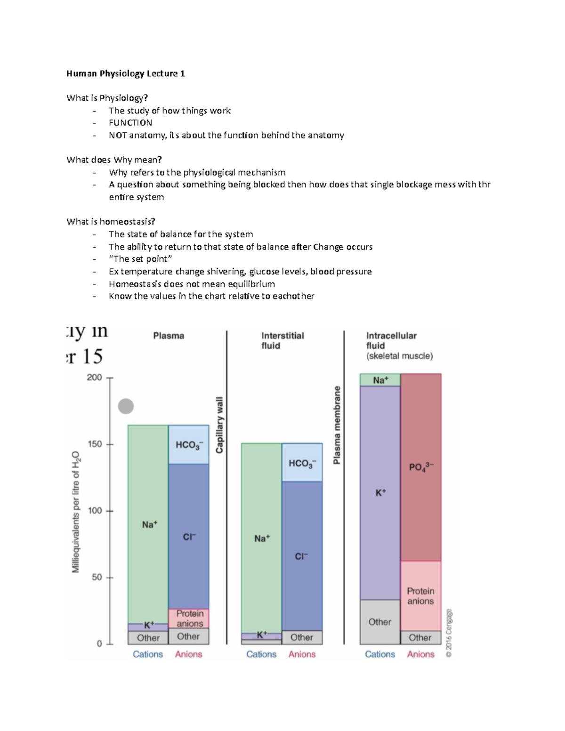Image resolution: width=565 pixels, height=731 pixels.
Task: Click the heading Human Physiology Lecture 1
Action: (x=126, y=73)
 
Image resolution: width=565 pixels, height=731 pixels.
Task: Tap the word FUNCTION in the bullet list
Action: (x=130, y=123)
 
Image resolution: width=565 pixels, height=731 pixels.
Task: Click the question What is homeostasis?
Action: (x=111, y=221)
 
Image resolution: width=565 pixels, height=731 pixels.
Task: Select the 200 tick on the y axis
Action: (x=95, y=378)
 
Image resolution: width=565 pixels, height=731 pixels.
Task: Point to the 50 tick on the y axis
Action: (x=97, y=577)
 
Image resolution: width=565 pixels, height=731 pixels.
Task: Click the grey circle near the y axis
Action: (x=126, y=406)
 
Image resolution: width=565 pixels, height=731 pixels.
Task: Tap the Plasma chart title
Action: (x=169, y=336)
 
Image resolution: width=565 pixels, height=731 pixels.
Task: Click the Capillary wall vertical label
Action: (x=219, y=426)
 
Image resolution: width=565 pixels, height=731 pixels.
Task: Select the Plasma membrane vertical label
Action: (x=337, y=425)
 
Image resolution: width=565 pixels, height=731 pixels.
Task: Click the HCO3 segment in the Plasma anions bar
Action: (x=189, y=445)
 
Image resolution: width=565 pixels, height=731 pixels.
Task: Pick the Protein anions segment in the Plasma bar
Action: (x=189, y=618)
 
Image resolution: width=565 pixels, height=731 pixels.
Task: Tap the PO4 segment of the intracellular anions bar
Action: (x=421, y=467)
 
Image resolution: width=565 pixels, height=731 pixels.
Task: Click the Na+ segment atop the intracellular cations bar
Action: (x=380, y=380)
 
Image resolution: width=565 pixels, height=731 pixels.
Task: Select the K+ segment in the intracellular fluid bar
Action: (x=380, y=492)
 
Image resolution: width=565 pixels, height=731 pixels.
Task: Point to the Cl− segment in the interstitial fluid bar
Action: (x=302, y=556)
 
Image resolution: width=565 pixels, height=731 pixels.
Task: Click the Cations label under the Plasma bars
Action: (x=147, y=654)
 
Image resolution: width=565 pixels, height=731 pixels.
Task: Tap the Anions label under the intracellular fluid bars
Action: (x=420, y=654)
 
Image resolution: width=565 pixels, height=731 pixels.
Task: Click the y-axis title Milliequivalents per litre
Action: (x=76, y=512)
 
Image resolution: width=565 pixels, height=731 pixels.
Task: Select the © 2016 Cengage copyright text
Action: (x=449, y=633)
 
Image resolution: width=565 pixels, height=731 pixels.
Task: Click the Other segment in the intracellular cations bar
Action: (x=379, y=622)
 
